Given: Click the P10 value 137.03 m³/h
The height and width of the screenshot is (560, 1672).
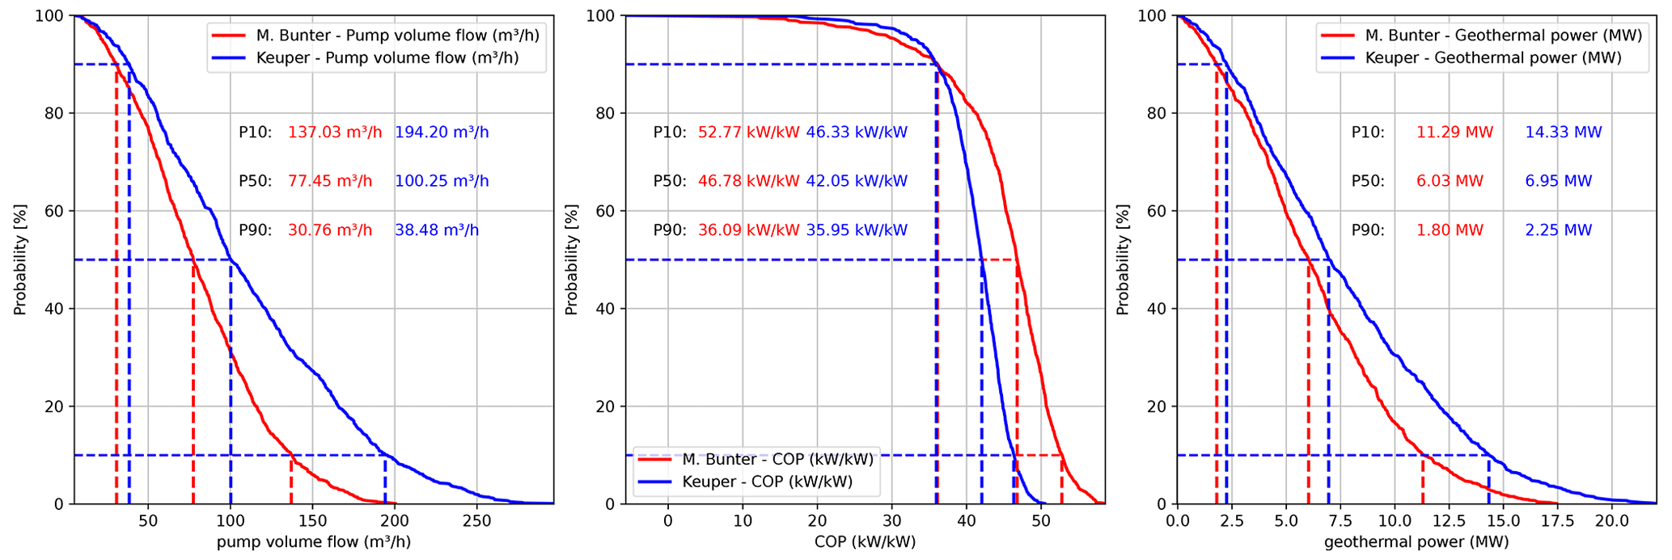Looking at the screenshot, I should [x=335, y=133].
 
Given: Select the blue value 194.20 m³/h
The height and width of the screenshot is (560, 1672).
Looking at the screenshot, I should [x=442, y=133].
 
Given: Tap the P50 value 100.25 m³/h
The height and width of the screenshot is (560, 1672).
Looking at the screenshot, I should [x=442, y=181].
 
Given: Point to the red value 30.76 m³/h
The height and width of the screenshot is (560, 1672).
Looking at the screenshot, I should [x=330, y=230].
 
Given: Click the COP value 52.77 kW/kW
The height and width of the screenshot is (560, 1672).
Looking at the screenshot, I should [x=748, y=133].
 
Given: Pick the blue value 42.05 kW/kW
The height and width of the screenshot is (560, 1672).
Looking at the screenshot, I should [x=857, y=181].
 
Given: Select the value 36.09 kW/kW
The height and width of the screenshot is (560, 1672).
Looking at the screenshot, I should [x=748, y=230].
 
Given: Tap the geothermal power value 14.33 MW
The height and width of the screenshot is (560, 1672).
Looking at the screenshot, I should [x=1563, y=133].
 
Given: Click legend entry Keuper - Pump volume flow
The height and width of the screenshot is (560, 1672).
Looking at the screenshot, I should [x=387, y=58].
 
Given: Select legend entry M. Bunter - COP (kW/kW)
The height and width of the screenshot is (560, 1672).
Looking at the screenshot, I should [x=777, y=460].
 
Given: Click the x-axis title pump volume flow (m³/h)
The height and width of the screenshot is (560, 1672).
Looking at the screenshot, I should [x=314, y=542].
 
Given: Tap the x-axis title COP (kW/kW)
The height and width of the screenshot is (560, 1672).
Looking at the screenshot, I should [x=865, y=542].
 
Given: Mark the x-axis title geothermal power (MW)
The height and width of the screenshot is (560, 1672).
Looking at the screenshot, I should [x=1416, y=542].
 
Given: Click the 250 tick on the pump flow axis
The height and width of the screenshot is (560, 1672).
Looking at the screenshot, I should [x=476, y=521].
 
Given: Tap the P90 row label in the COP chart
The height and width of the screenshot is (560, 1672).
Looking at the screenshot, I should [x=670, y=230].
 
